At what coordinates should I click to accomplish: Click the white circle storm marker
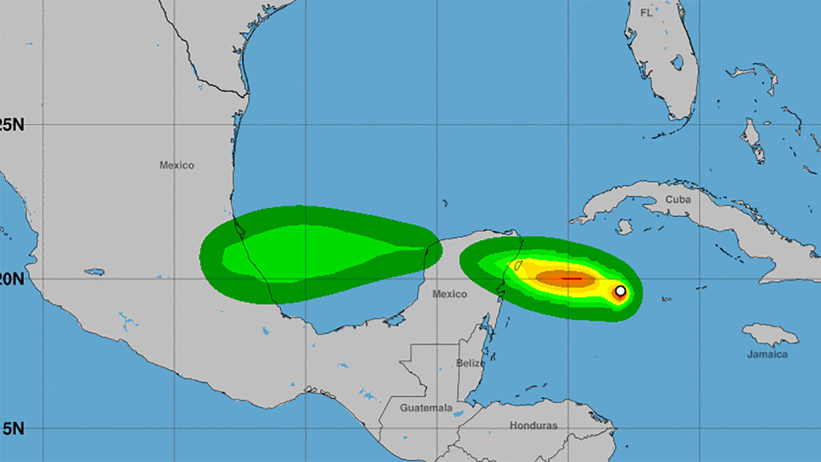(x=620, y=290)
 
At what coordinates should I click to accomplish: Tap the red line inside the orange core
(x=571, y=279)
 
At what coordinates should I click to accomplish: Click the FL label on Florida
(x=647, y=13)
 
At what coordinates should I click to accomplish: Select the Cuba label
(x=678, y=199)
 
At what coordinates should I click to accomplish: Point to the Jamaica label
(x=767, y=354)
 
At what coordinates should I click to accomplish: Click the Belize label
(x=470, y=363)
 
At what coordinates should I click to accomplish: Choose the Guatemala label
(x=426, y=408)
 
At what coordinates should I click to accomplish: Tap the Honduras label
(x=533, y=426)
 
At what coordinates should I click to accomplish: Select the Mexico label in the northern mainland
(x=176, y=165)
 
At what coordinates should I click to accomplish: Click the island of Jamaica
(x=770, y=335)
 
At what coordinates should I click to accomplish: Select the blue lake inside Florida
(x=677, y=62)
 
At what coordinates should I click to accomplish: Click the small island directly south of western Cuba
(x=623, y=226)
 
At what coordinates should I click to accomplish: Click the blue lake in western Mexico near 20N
(x=94, y=272)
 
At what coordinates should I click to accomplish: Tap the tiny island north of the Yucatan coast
(x=444, y=202)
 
